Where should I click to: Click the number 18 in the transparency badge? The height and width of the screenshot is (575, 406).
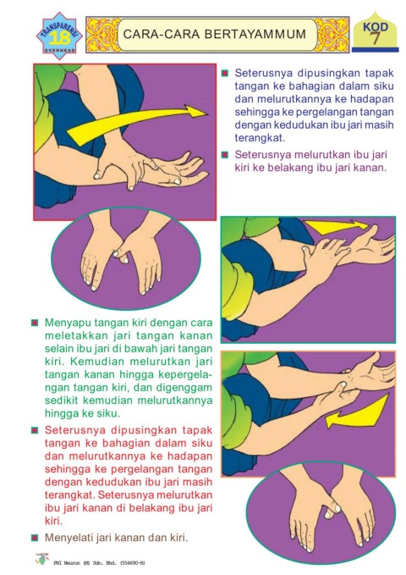59,38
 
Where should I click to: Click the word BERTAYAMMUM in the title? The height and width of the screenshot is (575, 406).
255,34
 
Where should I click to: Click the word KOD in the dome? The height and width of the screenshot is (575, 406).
376,27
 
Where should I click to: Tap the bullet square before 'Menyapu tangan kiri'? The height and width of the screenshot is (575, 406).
35,323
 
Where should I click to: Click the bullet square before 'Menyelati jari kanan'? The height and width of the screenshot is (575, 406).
35,538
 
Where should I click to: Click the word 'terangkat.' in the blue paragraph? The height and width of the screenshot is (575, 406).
260,138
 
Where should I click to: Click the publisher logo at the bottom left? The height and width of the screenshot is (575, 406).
42,559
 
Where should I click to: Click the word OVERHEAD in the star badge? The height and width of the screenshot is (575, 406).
59,50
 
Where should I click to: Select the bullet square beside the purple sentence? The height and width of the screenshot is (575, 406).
225,155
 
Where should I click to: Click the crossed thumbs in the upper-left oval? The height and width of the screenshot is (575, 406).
120,254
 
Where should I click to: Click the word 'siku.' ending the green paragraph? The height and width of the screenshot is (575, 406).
107,413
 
